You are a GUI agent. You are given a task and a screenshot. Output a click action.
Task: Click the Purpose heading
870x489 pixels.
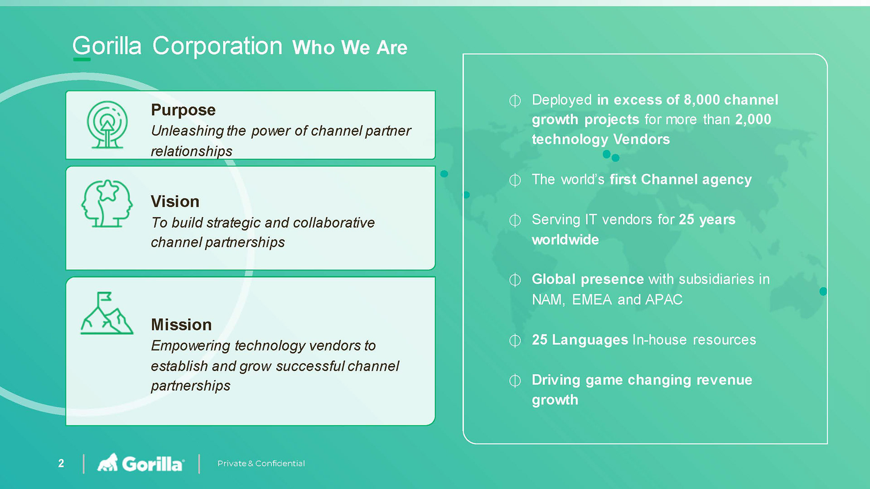coord(183,110)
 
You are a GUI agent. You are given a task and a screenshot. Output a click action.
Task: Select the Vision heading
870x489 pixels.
coord(175,201)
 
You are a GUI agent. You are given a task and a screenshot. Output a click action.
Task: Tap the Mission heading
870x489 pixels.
coord(181,325)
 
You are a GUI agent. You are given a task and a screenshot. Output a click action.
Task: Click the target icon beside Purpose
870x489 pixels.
coord(107,125)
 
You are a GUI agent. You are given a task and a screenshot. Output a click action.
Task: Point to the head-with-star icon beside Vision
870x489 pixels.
coord(107,203)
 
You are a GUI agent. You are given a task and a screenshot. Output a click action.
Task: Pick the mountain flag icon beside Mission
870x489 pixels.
coord(107,313)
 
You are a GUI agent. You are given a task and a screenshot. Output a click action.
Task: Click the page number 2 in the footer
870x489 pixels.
coord(61,463)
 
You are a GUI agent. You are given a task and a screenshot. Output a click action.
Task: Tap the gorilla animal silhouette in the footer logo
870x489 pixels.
coord(108,462)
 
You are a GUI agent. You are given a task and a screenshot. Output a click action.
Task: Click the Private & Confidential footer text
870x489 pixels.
coord(261,463)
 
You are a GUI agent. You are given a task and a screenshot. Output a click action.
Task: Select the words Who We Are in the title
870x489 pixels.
coord(350,48)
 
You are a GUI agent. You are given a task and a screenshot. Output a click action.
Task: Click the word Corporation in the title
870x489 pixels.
coord(217,46)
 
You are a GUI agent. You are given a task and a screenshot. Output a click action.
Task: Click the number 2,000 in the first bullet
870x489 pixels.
coord(753,120)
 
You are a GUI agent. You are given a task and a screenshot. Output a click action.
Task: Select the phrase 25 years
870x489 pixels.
coord(707,220)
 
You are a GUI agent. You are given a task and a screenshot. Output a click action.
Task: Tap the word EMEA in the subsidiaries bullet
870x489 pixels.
coord(592,300)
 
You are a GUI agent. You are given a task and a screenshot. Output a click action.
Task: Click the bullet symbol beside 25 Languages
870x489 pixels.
coord(515,340)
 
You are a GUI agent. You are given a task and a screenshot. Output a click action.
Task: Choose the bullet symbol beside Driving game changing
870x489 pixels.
coord(515,380)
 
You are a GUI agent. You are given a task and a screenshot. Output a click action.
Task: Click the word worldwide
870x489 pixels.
coord(565,240)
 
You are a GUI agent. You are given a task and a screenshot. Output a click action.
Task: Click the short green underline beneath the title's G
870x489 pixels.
coord(82,59)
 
